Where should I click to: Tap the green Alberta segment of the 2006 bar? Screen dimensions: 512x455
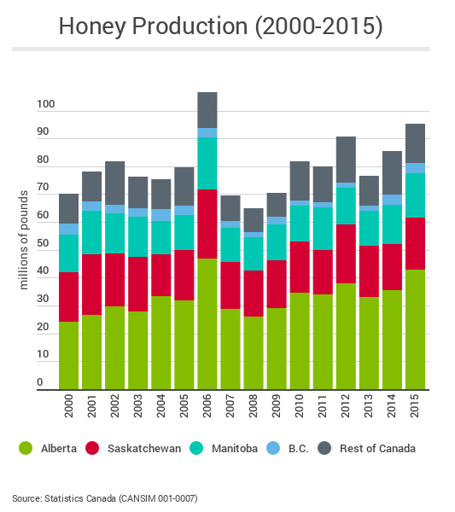(207, 324)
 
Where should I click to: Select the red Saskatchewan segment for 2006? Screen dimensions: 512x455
(207, 224)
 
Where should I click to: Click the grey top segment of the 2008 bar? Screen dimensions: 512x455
(253, 220)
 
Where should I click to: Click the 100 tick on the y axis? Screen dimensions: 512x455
(45, 105)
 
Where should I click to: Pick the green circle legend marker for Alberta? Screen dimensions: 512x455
(26, 448)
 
